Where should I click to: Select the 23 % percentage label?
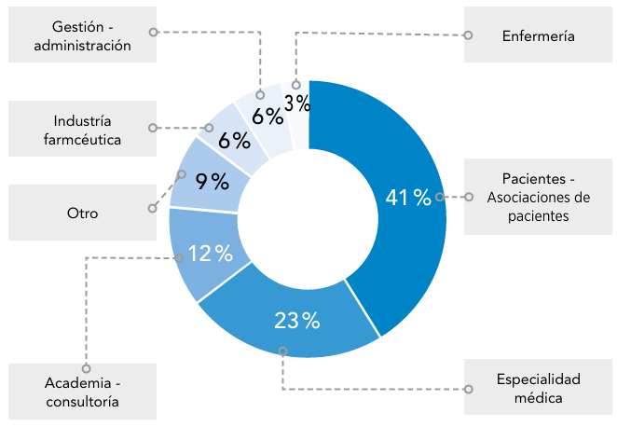[297, 321]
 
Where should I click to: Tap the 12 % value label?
[210, 253]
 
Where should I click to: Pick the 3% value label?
[296, 103]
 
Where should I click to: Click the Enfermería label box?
[538, 36]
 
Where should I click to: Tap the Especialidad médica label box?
[538, 389]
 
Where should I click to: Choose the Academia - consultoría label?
[82, 392]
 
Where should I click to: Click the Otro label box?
[82, 213]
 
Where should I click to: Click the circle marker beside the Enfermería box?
[468, 36]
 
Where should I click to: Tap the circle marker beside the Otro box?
[153, 210]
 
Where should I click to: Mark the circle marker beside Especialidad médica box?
[467, 389]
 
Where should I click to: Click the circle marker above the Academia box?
[86, 368]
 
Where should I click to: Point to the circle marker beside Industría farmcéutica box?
[153, 127]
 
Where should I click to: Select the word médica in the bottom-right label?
[538, 398]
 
